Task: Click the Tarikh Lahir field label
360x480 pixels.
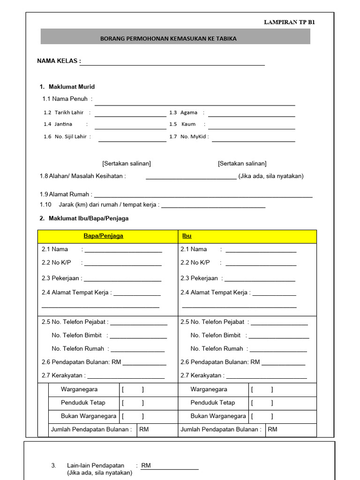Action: point(69,112)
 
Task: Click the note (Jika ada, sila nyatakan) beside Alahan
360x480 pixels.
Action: point(271,176)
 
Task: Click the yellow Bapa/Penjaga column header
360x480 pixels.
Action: point(103,236)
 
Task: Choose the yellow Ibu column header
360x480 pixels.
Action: point(187,236)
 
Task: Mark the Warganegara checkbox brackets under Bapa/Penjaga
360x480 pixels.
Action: point(133,390)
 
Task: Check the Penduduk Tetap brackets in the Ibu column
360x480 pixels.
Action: point(262,403)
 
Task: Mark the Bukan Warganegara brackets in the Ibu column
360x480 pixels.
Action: point(262,416)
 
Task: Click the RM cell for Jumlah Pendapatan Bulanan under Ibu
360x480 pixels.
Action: point(291,429)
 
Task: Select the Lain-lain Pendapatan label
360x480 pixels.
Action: point(96,465)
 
